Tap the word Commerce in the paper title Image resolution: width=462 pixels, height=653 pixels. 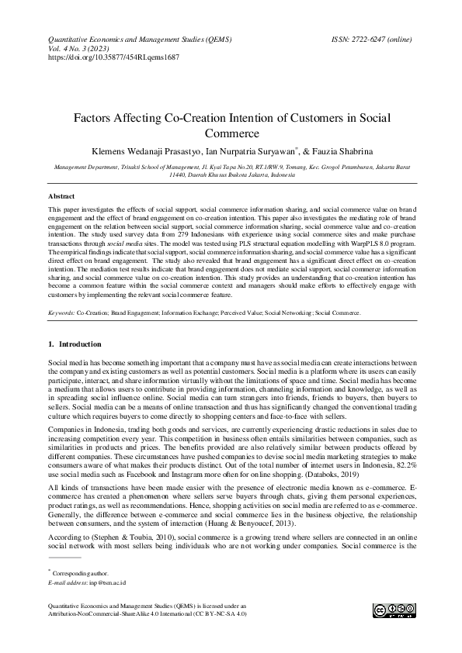click(x=231, y=133)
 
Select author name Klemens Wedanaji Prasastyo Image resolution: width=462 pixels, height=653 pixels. click(x=145, y=150)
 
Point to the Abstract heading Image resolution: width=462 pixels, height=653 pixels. click(x=61, y=197)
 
